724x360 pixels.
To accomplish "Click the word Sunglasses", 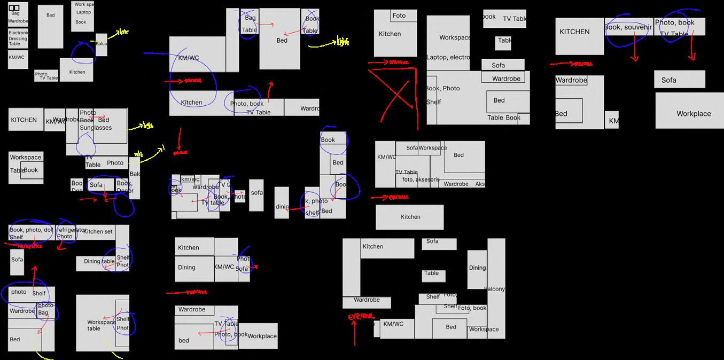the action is coord(96,128).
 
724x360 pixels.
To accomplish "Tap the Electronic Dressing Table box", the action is coord(18,38).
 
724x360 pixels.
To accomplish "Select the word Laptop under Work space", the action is coord(83,12).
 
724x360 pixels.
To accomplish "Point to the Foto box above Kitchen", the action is coord(399,16).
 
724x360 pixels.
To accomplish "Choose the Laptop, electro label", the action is coord(448,58).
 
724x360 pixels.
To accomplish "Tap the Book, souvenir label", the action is coord(628,27).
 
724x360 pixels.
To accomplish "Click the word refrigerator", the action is coord(71,230).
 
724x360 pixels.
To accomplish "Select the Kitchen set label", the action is coord(98,232).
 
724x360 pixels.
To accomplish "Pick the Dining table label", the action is coord(99,262).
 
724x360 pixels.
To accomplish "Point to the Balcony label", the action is coord(495,289).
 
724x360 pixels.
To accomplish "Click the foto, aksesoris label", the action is coord(421,180).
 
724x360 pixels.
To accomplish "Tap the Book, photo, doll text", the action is coord(31,230).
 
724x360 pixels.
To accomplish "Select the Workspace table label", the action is coord(101,325).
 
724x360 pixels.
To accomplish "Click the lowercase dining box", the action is coord(282,207).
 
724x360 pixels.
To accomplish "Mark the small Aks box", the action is coord(480,184).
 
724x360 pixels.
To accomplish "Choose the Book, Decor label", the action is coord(125,187).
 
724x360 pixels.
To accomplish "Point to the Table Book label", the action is coord(503,118).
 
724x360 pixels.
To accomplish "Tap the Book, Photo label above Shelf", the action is coord(442,89).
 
